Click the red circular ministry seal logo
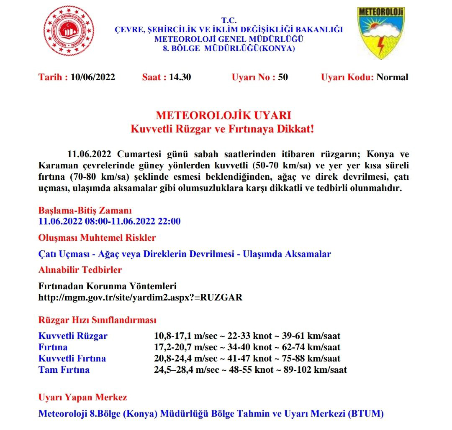[69, 32]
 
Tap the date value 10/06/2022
[92, 77]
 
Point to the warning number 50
[283, 77]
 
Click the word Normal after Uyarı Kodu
[392, 77]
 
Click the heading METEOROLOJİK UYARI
[223, 116]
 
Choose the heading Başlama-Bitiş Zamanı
[85, 210]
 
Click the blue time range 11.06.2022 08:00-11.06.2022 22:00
[110, 221]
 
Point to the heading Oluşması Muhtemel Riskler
[97, 238]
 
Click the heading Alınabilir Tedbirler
[80, 270]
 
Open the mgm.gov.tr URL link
[140, 298]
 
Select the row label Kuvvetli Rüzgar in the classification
[73, 336]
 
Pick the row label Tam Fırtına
[64, 370]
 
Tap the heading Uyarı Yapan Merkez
[83, 397]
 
